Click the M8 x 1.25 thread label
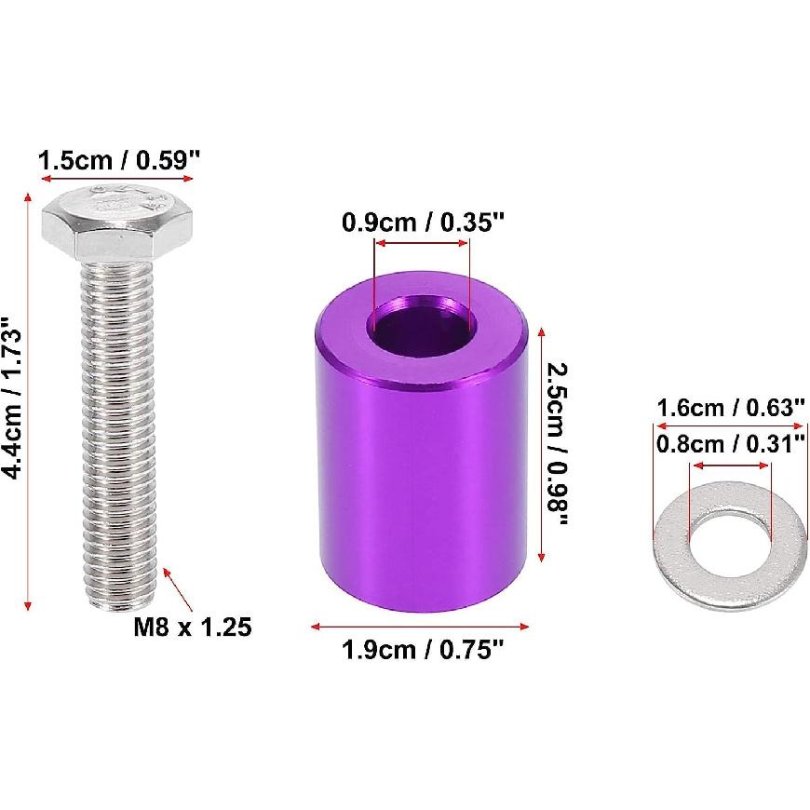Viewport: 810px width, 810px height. coord(192,627)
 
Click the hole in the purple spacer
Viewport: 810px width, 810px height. coord(422,326)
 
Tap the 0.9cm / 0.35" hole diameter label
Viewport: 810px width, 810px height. coord(423,223)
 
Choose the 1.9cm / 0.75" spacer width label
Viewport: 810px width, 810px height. coord(423,650)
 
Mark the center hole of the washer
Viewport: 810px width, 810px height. coord(730,535)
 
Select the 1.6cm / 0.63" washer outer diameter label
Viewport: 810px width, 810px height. coord(730,407)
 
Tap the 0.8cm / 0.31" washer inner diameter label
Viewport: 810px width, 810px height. coord(730,443)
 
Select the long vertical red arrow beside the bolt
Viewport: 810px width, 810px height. coord(31,400)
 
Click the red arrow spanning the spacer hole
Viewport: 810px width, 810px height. coord(422,245)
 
